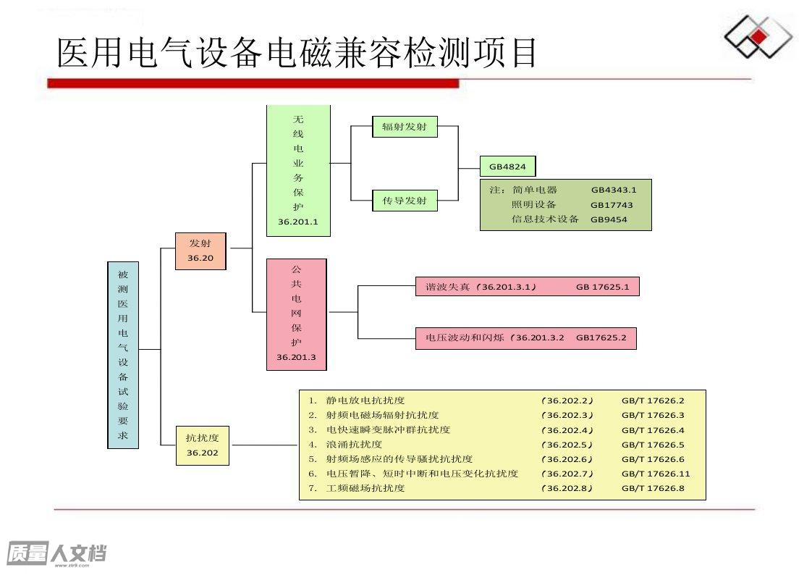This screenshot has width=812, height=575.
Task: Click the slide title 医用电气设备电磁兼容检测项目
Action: point(296,53)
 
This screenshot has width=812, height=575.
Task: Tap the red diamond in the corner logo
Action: point(758,37)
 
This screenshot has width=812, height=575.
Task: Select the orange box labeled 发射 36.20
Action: point(200,251)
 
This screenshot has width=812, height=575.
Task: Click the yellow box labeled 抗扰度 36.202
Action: point(203,445)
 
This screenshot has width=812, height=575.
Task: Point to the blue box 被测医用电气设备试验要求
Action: point(123,355)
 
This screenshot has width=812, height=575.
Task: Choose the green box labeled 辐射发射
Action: point(405,127)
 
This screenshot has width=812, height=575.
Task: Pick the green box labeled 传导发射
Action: point(405,201)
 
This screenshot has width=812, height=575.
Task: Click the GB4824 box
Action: point(507,167)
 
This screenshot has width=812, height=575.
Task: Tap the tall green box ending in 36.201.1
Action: point(298,171)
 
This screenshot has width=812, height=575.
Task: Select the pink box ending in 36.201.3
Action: point(296,314)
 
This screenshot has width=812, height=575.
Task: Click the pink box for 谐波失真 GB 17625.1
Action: point(527,287)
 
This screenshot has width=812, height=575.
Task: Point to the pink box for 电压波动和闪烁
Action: point(525,338)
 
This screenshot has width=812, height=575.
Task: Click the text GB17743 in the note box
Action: point(612,205)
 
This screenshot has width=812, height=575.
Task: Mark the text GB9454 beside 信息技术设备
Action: point(609,219)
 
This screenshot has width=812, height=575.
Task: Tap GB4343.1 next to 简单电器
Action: point(614,190)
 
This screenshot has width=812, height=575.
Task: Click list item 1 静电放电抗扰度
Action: point(357,400)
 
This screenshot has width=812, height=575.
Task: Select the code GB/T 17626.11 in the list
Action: point(656,474)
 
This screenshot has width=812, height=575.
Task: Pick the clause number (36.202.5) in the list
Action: point(567,445)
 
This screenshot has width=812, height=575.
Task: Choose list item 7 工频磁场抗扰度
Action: point(357,488)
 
